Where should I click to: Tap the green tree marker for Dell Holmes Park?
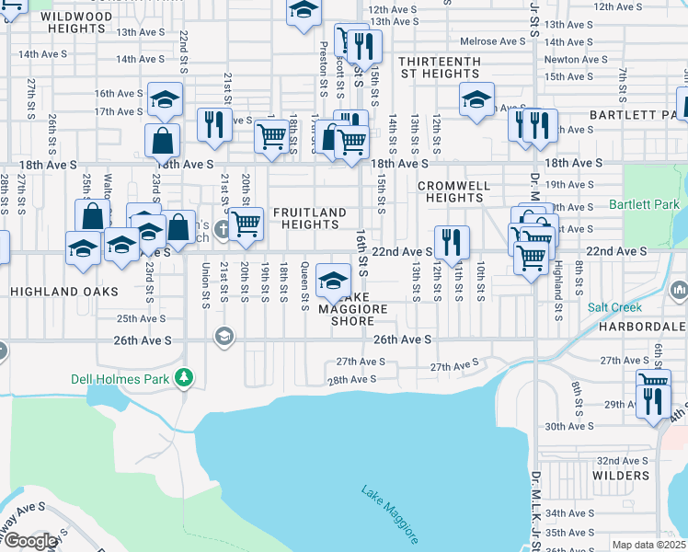185,376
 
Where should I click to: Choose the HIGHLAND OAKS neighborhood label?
64,291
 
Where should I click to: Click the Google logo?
30,541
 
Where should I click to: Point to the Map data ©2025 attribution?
648,545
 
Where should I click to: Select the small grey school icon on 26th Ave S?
222,337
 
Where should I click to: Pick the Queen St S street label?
304,286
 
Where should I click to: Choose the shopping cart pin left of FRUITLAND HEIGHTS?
245,224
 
